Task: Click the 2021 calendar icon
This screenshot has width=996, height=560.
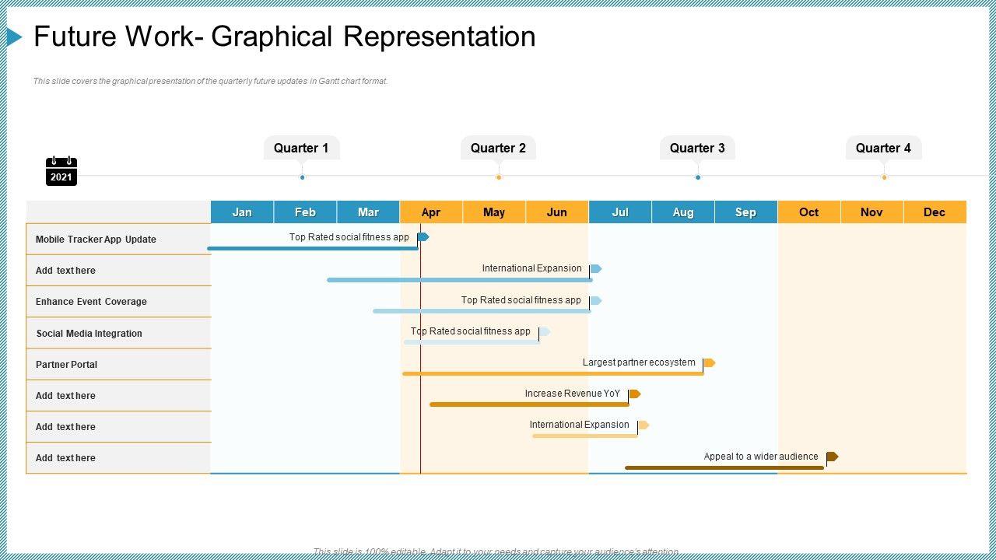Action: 61,171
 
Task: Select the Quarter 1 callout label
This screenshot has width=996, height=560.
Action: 301,148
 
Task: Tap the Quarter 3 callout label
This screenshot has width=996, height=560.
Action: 697,148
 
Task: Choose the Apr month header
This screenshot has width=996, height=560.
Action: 431,212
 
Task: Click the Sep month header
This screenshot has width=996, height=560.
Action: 745,212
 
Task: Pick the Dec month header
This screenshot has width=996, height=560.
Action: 935,212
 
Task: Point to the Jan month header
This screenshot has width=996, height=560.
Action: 242,212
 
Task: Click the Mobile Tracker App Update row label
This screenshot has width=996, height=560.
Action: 96,240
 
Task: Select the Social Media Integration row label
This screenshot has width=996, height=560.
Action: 89,334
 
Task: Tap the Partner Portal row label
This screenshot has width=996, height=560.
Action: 66,365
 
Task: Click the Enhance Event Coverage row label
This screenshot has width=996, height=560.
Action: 91,302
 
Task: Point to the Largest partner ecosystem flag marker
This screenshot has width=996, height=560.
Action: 709,363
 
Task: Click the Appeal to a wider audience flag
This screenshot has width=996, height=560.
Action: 832,457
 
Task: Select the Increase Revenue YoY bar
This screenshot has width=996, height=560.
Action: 529,404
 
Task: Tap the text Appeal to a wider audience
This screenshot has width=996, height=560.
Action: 761,457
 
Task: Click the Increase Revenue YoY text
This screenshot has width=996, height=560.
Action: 572,394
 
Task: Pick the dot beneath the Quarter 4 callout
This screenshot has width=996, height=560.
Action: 884,177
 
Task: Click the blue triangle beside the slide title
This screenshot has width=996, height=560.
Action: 14,37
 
